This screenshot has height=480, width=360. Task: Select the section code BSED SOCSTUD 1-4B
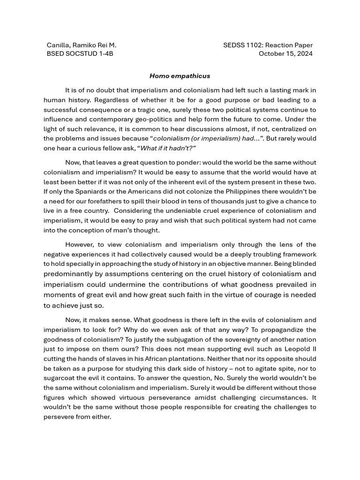click(x=80, y=53)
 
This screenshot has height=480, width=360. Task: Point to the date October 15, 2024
click(x=285, y=53)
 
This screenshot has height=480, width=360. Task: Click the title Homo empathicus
click(x=180, y=75)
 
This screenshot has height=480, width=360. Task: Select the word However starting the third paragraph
click(x=79, y=244)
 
